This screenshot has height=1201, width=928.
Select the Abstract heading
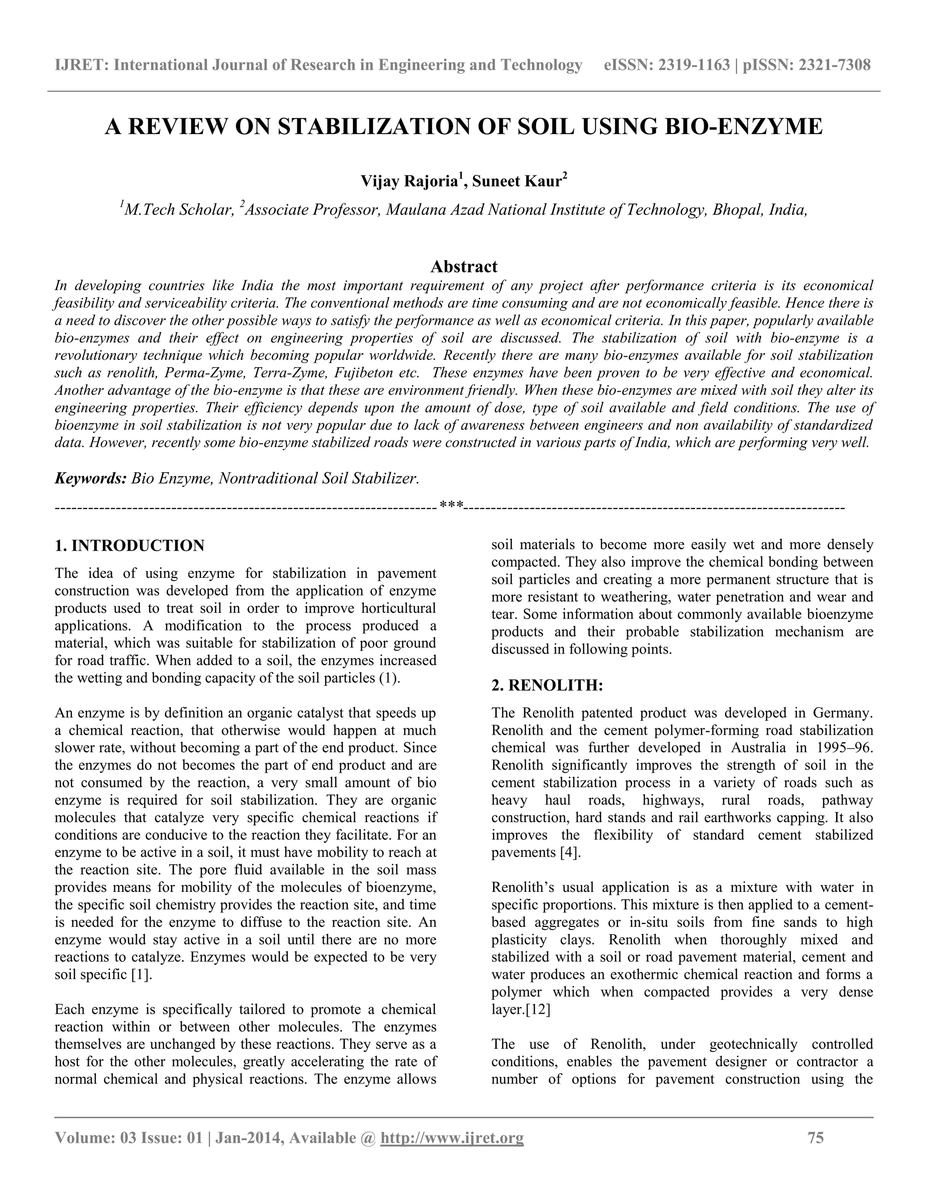[464, 266]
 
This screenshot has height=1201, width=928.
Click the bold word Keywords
[91, 479]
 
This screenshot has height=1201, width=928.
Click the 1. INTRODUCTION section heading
[130, 546]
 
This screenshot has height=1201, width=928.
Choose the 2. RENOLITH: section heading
[547, 686]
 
